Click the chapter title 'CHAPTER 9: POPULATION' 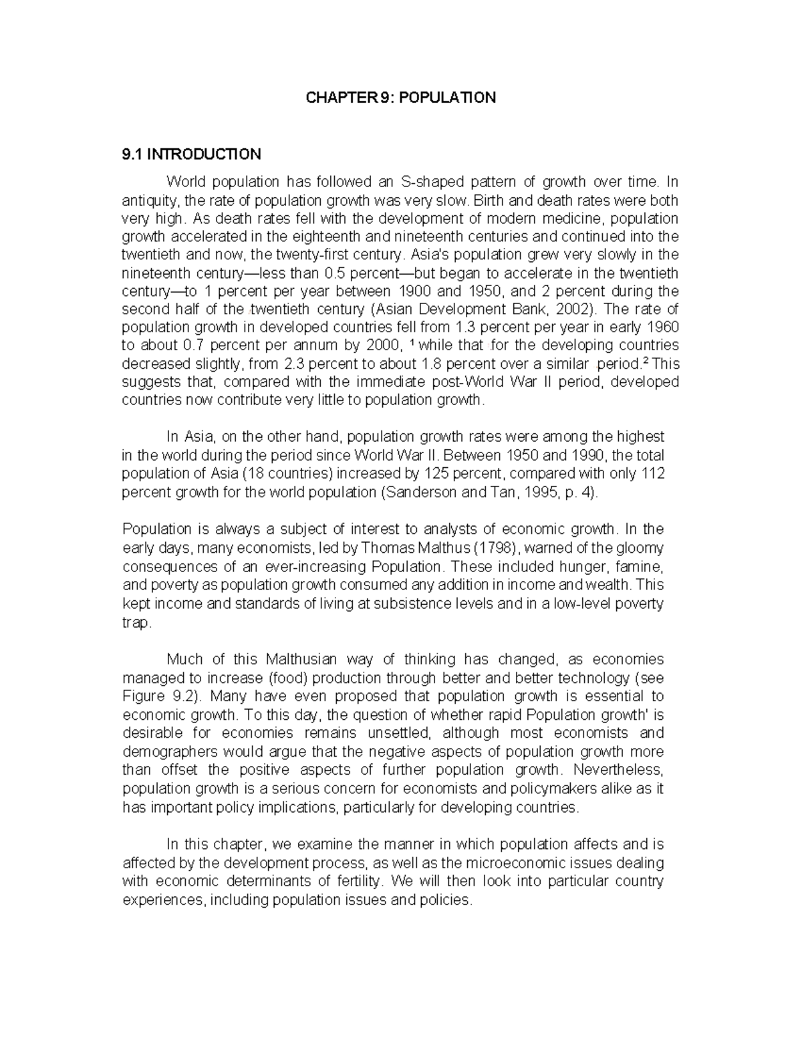(x=400, y=98)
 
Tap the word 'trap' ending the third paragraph (x=137, y=622)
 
